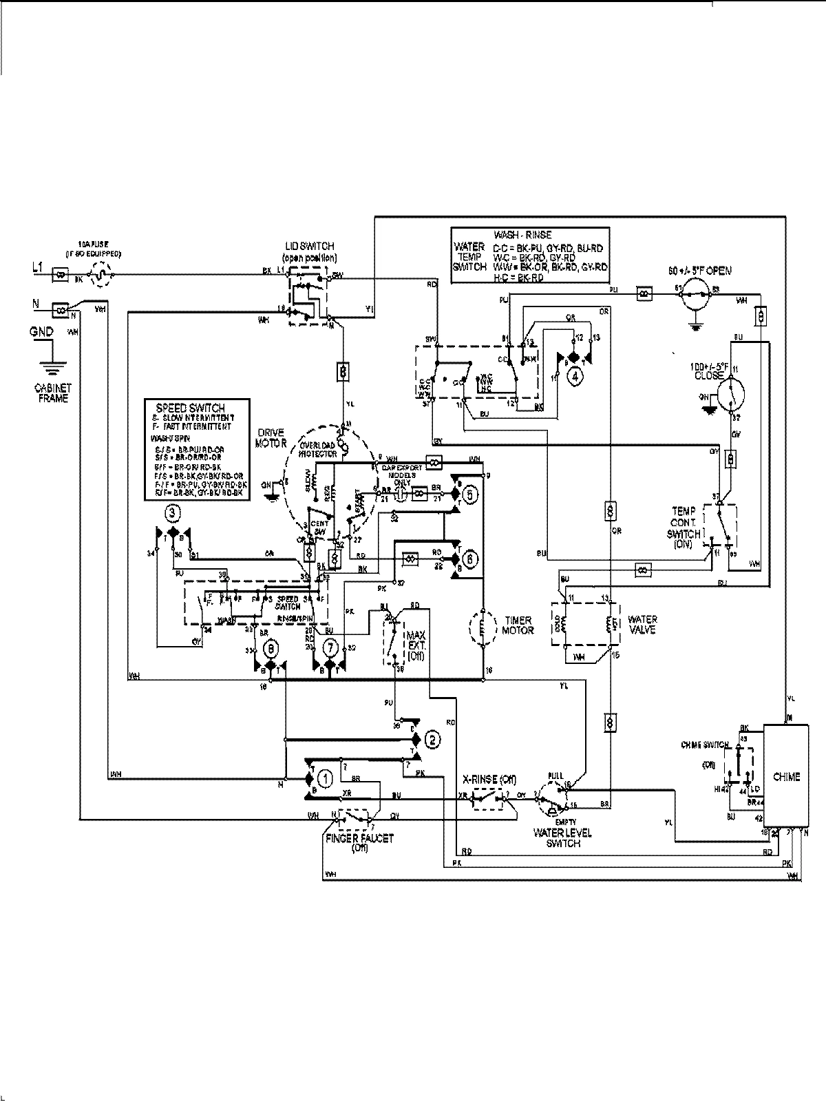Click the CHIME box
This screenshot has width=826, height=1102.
click(785, 776)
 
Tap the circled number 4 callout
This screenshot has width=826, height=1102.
click(573, 375)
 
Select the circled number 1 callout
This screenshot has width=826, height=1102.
click(326, 778)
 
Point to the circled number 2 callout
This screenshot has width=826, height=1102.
click(432, 740)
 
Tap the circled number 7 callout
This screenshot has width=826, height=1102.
click(331, 647)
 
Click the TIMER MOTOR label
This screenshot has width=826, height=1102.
click(518, 625)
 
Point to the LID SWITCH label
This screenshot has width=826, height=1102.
click(310, 246)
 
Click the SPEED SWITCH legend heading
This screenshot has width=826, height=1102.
click(191, 408)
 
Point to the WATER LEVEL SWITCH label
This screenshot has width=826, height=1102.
click(562, 838)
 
